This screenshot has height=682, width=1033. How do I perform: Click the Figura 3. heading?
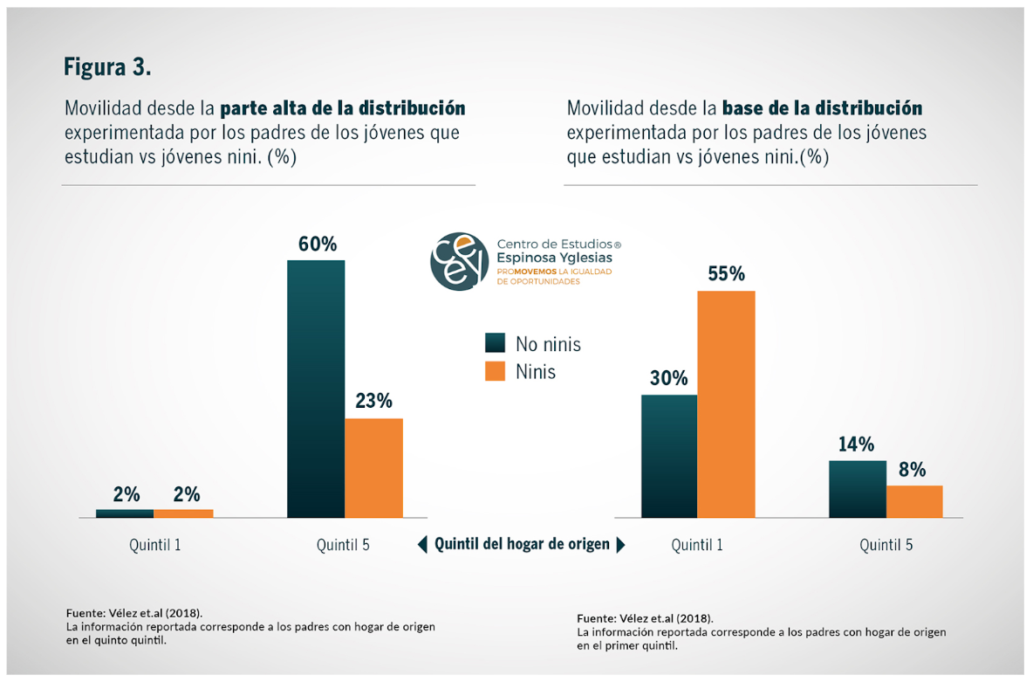tap(107, 67)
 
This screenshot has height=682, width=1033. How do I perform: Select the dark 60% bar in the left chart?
tap(316, 389)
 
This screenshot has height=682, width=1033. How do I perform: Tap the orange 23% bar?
tap(373, 468)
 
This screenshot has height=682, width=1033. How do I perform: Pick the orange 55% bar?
tap(726, 404)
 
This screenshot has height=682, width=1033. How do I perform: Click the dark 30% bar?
tap(669, 456)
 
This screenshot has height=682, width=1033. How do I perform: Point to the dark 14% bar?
tap(857, 489)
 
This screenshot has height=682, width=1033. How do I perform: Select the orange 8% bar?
tap(914, 501)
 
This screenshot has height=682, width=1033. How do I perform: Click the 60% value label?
tap(318, 245)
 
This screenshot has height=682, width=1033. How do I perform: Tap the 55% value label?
tap(726, 274)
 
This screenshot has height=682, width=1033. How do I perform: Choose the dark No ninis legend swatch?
tap(496, 343)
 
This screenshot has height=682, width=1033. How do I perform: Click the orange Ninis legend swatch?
tap(496, 371)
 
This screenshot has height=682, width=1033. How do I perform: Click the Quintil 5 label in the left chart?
tap(343, 545)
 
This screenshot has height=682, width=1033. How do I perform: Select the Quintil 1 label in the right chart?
tap(697, 545)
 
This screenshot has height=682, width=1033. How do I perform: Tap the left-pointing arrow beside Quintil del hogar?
tap(422, 545)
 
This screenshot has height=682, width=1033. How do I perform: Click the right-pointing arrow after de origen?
tap(620, 545)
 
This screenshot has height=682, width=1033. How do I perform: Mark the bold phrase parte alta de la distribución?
tap(342, 109)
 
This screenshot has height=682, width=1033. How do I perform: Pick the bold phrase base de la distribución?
tap(822, 109)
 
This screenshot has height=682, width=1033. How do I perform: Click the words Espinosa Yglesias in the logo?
tap(554, 258)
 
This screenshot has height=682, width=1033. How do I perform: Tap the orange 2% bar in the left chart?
tap(183, 513)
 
